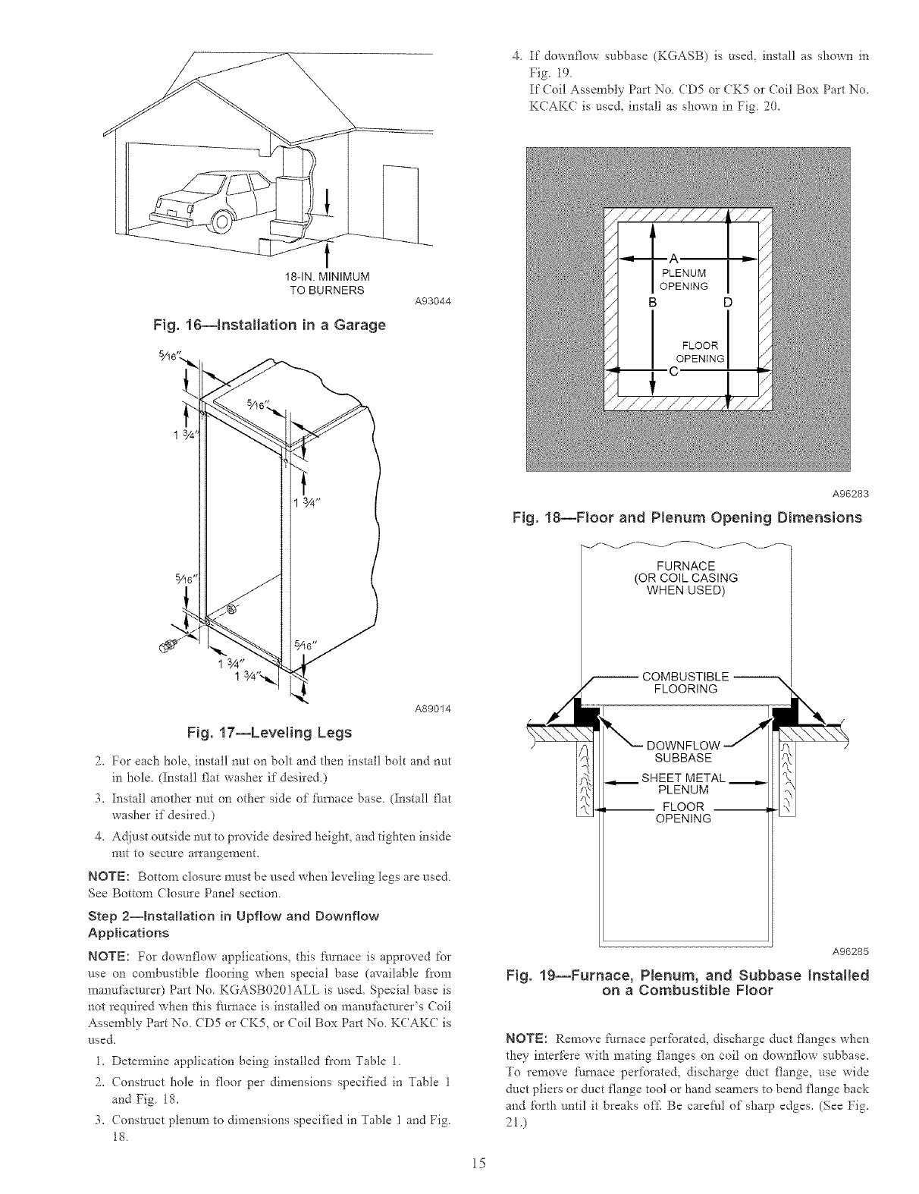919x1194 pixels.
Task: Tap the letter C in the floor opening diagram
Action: tap(672, 371)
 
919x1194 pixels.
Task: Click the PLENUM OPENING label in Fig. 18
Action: tap(684, 279)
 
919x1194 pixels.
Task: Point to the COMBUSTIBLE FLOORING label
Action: tap(685, 683)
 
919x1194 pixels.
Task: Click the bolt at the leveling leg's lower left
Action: tap(168, 646)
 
